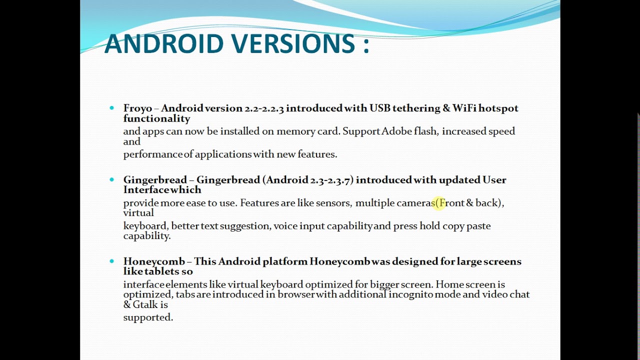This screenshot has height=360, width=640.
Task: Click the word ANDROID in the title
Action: (x=163, y=43)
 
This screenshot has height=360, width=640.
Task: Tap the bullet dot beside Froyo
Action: (x=111, y=108)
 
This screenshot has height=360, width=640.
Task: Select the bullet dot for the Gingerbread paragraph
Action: (x=111, y=179)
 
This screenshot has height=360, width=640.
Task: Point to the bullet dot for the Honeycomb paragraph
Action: (x=111, y=261)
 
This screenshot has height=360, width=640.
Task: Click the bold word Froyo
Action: (x=137, y=108)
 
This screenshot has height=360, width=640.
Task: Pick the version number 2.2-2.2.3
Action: (x=264, y=108)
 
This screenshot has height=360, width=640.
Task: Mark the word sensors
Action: (x=332, y=203)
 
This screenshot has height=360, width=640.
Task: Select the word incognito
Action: (x=410, y=294)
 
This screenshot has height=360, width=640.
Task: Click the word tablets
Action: (x=162, y=271)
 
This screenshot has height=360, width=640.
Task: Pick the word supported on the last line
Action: (x=147, y=317)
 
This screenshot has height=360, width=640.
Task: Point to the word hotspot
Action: (x=498, y=108)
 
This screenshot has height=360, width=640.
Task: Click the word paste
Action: (x=478, y=226)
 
